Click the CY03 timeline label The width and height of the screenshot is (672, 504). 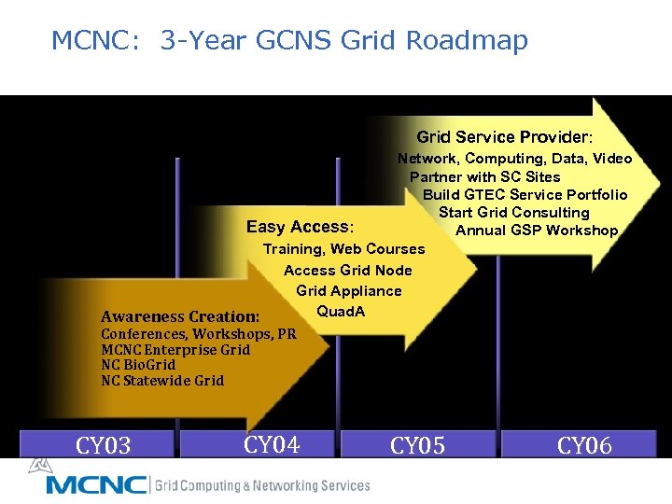point(104,445)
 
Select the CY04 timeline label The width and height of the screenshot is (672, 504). point(271,444)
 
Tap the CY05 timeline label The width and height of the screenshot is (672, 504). point(417,445)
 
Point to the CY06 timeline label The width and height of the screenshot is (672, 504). point(584,445)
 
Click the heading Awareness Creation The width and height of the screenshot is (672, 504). point(180,316)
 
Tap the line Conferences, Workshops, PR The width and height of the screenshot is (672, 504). point(198,333)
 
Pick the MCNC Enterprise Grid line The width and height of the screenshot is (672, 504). point(175,349)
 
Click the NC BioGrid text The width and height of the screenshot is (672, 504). point(138,364)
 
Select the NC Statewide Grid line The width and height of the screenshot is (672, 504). point(162,380)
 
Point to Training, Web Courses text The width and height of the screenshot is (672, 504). point(343,249)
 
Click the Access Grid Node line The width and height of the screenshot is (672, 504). point(347,270)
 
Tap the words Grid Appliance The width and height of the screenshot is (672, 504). point(349,290)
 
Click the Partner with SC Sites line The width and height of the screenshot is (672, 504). point(485,176)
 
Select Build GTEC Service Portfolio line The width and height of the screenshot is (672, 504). point(525,194)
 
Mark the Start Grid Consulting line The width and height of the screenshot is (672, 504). point(514,212)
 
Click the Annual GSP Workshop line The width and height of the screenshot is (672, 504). point(537,230)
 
